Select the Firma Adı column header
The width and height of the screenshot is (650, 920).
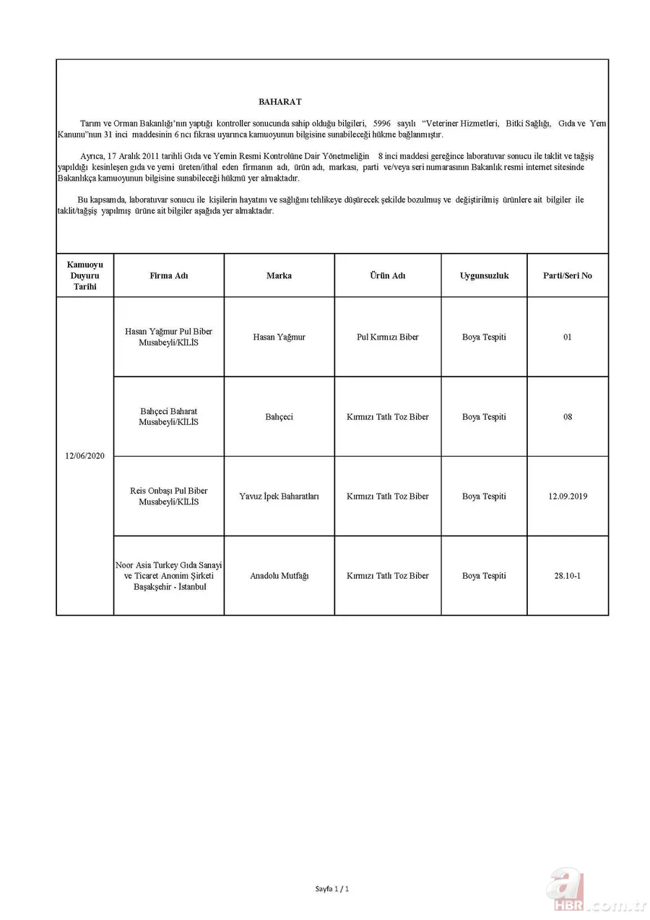click(x=168, y=275)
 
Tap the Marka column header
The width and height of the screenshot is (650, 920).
click(x=279, y=275)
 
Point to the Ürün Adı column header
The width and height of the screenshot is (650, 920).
click(x=388, y=275)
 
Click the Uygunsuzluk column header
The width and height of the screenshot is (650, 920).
click(x=484, y=275)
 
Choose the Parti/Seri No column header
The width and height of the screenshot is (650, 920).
click(x=567, y=275)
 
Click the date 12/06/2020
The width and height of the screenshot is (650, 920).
click(x=84, y=457)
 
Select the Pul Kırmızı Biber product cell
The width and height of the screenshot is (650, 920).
click(x=388, y=337)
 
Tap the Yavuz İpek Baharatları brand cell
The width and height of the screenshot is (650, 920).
click(x=279, y=496)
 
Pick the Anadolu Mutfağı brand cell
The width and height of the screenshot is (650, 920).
click(x=279, y=576)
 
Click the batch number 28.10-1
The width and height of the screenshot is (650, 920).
click(x=567, y=576)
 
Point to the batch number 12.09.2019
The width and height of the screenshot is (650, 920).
click(x=567, y=496)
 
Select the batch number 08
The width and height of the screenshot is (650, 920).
click(x=567, y=417)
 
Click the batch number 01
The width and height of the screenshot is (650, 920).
click(x=567, y=337)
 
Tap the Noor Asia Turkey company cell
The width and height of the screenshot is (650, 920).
click(x=168, y=576)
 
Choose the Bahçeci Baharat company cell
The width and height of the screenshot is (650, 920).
click(x=168, y=417)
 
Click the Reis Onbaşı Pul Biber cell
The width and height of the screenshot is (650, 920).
click(x=168, y=496)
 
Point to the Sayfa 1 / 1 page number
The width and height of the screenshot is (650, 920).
click(x=332, y=888)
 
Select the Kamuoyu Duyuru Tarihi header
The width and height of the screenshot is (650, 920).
click(x=84, y=275)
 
